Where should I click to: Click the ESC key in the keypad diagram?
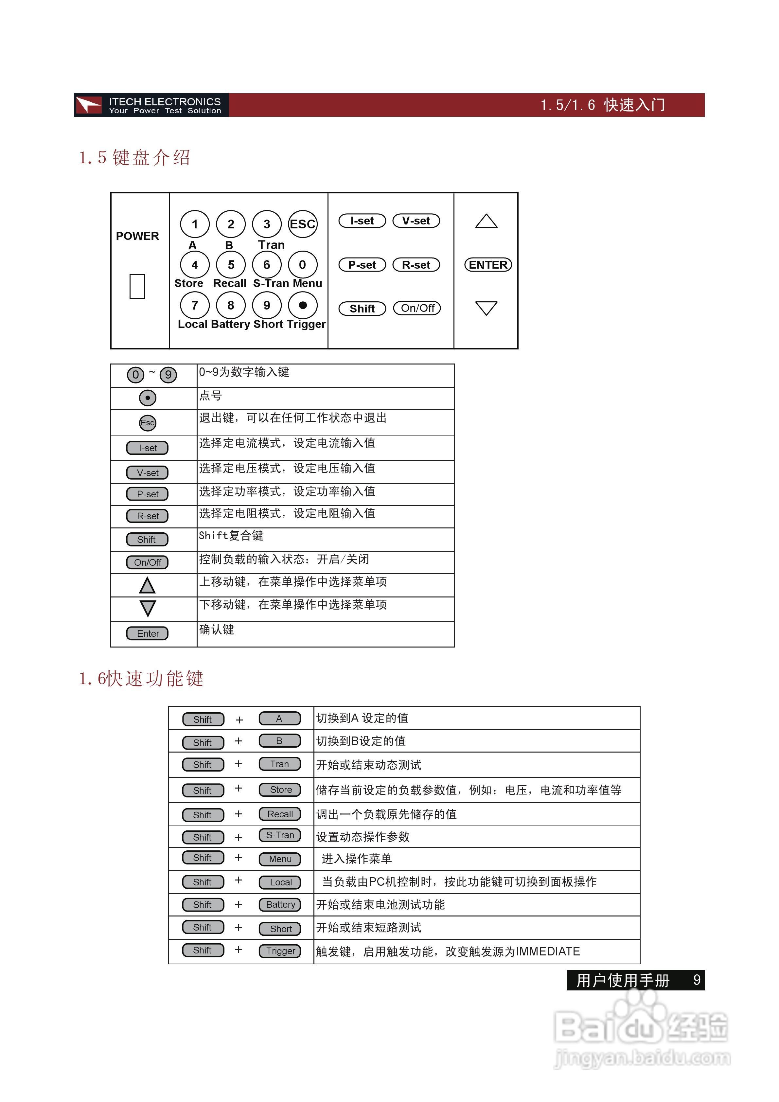302,224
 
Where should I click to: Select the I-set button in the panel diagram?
362,221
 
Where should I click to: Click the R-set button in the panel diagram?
416,265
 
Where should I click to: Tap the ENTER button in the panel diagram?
488,265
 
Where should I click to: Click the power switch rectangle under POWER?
137,287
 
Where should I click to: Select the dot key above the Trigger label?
302,305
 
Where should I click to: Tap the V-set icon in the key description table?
147,473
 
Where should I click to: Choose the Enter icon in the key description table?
147,633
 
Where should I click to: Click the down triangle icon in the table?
147,608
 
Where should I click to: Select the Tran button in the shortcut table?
279,764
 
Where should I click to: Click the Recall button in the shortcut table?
280,814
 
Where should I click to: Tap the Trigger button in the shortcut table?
280,951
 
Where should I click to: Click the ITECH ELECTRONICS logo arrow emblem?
89,105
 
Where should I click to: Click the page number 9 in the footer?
697,980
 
